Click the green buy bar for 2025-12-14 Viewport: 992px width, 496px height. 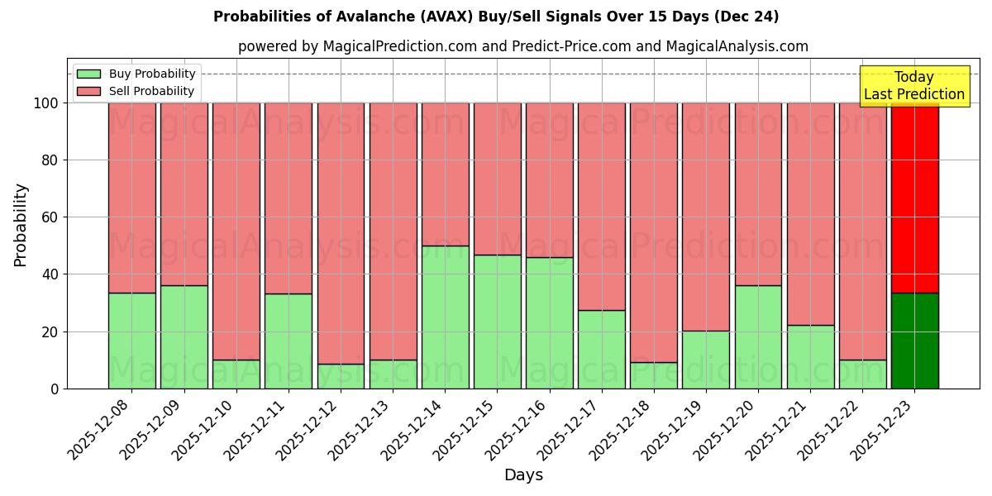tap(445, 317)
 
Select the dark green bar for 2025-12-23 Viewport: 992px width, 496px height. tap(914, 341)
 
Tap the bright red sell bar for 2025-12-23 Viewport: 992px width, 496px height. tap(914, 198)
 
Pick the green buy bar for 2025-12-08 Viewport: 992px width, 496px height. tap(131, 341)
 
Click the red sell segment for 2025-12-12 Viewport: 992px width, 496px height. tap(341, 233)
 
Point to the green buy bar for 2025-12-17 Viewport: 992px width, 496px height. tap(602, 350)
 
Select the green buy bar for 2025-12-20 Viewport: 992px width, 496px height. tap(758, 337)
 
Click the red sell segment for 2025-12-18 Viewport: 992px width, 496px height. tap(654, 232)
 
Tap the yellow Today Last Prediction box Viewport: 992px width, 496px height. tap(914, 86)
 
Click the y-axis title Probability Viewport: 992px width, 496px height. tap(21, 225)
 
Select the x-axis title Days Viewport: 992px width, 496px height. tap(523, 475)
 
